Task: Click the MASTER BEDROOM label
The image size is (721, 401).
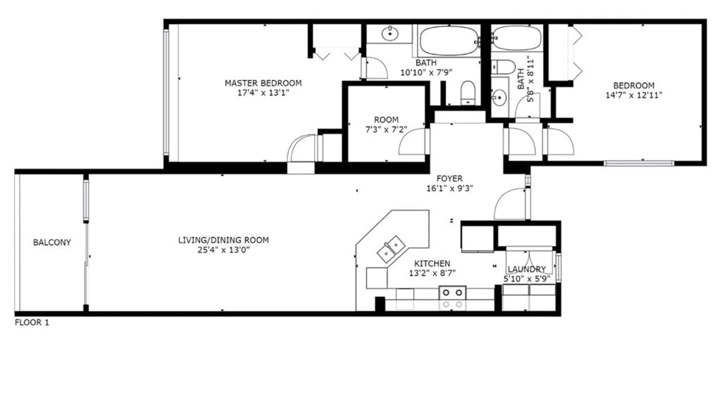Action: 263,83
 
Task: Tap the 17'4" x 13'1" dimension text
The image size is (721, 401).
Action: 263,93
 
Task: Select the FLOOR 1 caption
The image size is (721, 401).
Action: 32,322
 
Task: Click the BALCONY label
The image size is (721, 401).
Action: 52,242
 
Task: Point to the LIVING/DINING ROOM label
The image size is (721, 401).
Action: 224,240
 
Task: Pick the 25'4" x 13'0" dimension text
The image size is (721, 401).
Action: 224,250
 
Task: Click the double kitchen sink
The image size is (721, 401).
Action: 391,249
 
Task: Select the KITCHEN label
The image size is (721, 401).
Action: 432,263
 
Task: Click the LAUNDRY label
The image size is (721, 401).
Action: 527,269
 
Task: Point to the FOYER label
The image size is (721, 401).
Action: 449,178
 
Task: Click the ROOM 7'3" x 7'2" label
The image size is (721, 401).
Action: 386,125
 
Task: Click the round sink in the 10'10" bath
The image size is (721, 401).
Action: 390,34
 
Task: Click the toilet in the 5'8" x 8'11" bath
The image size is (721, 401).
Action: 503,67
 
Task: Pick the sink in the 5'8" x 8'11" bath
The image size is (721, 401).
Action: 499,97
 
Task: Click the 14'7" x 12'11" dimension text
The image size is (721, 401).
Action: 634,95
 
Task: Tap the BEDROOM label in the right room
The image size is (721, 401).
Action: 634,85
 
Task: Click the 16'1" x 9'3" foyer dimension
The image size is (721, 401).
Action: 449,188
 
